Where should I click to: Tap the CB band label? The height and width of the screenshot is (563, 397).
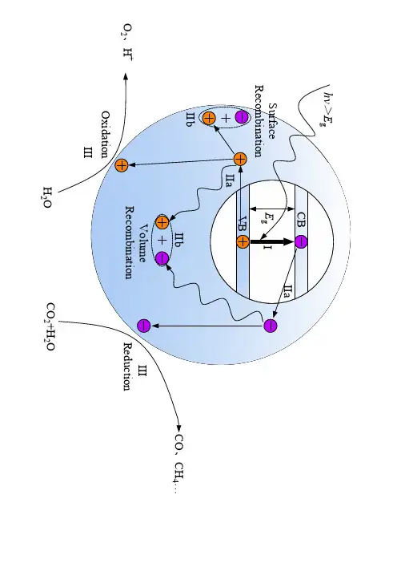301,220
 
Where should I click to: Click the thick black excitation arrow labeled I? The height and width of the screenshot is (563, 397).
272,241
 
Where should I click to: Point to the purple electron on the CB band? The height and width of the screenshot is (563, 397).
301,241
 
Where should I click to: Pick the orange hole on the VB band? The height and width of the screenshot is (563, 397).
243,241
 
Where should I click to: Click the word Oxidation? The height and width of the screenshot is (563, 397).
105,134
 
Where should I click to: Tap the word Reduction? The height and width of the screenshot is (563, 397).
127,367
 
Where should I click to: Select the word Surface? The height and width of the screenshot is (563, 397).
272,121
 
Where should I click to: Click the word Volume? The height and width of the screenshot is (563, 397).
142,243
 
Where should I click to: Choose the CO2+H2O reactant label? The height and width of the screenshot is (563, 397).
51,326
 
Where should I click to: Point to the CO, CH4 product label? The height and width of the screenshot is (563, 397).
179,464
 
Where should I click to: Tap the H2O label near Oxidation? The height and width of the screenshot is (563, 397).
48,197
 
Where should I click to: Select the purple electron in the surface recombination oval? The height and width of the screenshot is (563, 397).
242,117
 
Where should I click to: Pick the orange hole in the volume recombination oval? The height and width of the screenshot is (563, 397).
162,223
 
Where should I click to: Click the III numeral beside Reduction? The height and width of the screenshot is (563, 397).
142,371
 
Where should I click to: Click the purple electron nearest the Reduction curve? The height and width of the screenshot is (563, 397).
144,326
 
